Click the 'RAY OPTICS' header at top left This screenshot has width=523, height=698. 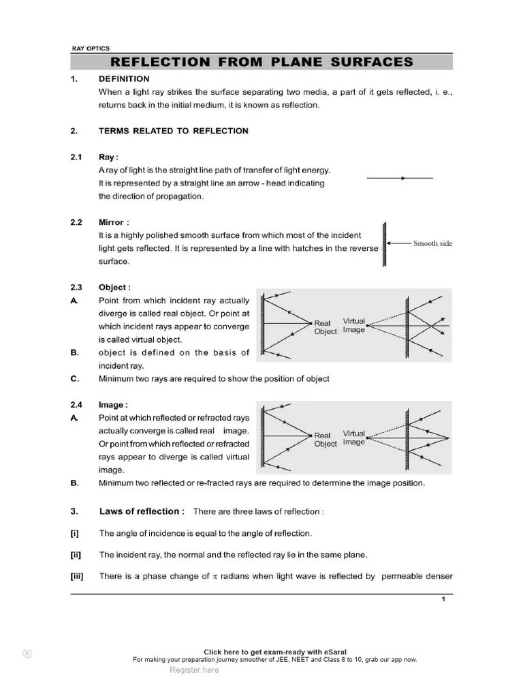[x=91, y=48]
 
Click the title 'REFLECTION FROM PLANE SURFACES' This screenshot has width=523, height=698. [x=262, y=62]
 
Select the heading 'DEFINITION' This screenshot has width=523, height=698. [x=124, y=79]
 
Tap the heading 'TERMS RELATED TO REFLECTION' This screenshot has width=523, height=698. [x=173, y=131]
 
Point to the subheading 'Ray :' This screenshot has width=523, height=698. [x=108, y=157]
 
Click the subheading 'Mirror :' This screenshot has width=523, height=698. [x=113, y=222]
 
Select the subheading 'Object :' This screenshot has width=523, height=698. [x=114, y=288]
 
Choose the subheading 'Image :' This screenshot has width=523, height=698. [x=113, y=405]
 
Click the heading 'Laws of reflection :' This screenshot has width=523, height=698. [x=141, y=511]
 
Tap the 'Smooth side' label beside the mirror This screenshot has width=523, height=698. [x=432, y=243]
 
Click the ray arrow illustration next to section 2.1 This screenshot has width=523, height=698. [x=400, y=178]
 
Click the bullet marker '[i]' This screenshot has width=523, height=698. [x=75, y=533]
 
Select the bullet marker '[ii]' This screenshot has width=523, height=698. [x=76, y=555]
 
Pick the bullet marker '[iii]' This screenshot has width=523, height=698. [x=77, y=576]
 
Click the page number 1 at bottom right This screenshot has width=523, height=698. [x=443, y=599]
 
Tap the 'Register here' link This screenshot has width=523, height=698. [x=194, y=670]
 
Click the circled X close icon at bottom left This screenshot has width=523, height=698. [x=27, y=653]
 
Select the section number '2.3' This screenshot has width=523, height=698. [x=76, y=288]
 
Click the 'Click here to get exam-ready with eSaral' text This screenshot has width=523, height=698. [x=274, y=652]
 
